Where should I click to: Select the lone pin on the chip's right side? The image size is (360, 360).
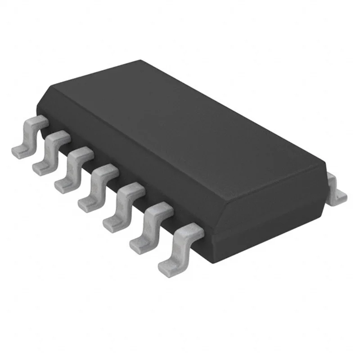pos(335,189)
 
